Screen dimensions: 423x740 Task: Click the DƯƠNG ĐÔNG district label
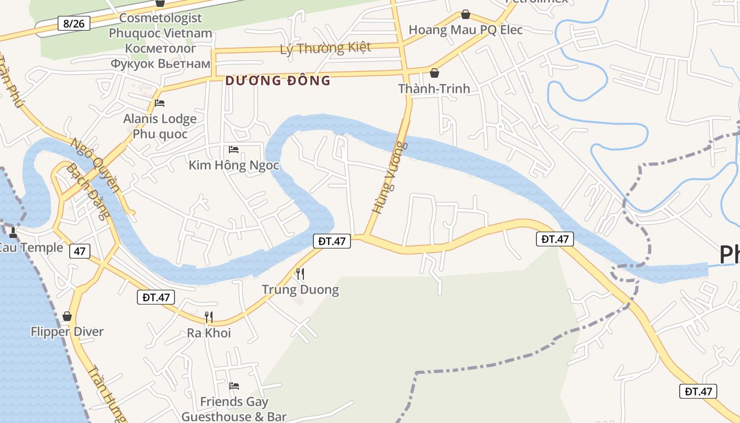tap(277, 81)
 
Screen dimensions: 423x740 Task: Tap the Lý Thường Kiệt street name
tap(325, 48)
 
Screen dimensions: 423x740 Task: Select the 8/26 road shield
tap(73, 23)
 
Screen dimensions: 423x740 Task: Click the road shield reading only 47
tap(79, 251)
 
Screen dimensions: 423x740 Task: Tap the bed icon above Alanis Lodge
tap(160, 103)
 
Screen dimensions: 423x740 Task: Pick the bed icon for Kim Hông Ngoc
tap(234, 150)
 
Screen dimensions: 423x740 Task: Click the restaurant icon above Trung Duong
tap(300, 273)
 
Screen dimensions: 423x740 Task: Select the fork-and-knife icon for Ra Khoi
tap(209, 317)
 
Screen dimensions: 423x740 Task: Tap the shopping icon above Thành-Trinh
tap(434, 73)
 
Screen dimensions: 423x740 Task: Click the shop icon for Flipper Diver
tap(67, 316)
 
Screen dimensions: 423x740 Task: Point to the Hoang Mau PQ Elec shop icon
tap(465, 14)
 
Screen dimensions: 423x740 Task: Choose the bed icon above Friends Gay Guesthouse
tap(234, 386)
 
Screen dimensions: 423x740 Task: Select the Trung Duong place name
tap(300, 290)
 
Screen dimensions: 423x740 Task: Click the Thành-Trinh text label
tap(434, 88)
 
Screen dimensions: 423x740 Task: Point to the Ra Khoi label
tap(209, 333)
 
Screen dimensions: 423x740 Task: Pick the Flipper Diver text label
tap(67, 332)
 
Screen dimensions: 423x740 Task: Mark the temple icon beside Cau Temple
tap(13, 233)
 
